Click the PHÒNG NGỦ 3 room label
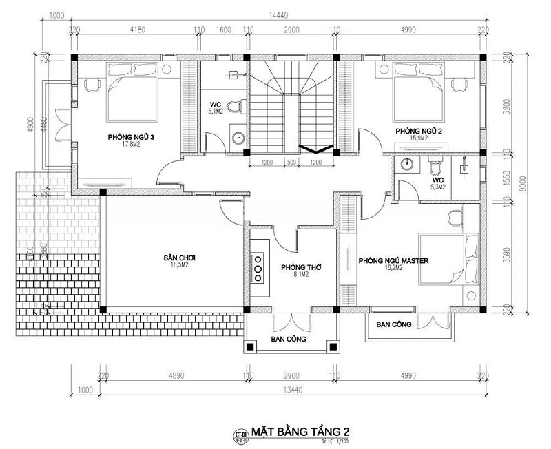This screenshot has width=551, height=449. coord(130,138)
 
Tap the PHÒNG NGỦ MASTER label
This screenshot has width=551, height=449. coord(394,261)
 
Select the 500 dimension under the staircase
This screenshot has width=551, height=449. coord(292,163)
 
